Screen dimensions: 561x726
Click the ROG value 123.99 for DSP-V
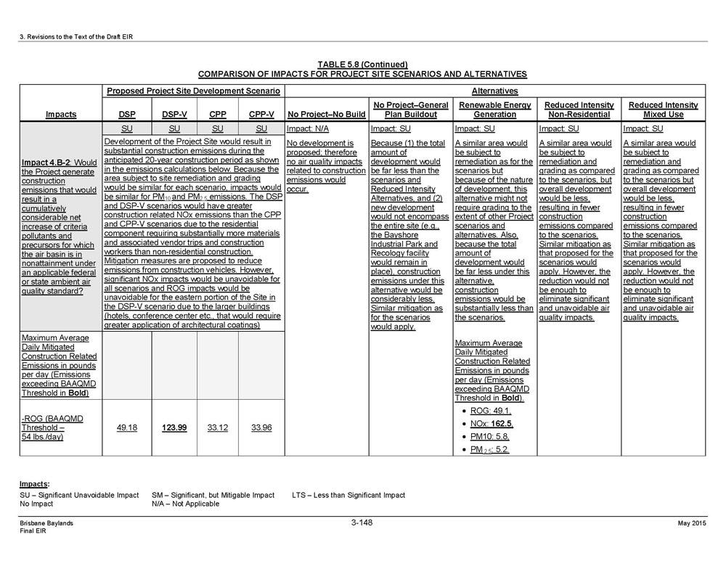tap(174, 427)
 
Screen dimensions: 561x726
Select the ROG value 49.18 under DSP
tap(127, 427)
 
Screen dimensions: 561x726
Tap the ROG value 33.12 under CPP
tap(218, 427)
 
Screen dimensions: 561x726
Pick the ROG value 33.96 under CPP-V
tap(261, 427)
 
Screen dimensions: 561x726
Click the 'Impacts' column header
tap(61, 115)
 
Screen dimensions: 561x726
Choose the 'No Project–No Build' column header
tap(326, 115)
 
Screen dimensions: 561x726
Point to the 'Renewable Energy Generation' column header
tap(494, 110)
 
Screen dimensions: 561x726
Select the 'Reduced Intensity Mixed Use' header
tap(663, 110)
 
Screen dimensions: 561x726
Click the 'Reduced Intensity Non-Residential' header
tap(579, 110)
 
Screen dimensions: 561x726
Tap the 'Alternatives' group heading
tap(494, 91)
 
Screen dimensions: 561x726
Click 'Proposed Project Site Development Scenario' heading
tap(193, 91)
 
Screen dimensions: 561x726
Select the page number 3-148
tap(362, 523)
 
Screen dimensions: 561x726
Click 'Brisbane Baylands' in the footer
tap(46, 523)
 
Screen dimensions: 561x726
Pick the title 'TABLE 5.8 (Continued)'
tap(362, 65)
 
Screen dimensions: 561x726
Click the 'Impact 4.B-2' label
tap(47, 162)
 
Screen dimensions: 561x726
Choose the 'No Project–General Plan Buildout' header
tap(410, 110)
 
